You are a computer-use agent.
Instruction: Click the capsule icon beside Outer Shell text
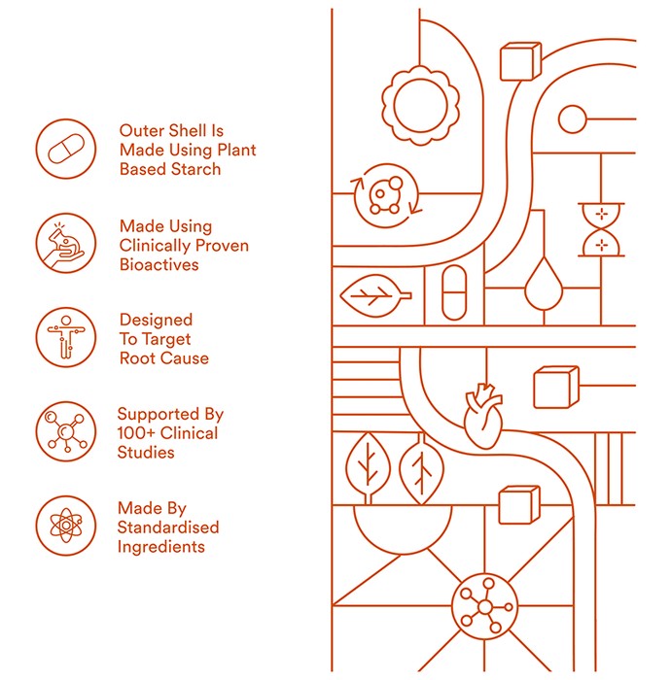click(65, 149)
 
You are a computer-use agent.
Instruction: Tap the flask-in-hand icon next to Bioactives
click(65, 243)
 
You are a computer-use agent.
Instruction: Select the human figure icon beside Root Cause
click(65, 337)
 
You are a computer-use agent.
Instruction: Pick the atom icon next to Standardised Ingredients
click(65, 526)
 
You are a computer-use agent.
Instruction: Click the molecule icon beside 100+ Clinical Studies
click(65, 431)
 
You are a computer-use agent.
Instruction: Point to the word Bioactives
click(159, 264)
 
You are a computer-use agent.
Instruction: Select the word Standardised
click(168, 527)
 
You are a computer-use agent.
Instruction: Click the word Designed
click(156, 320)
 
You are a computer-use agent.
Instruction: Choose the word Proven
click(223, 246)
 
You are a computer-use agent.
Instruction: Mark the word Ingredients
click(161, 547)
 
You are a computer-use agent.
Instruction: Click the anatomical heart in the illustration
click(483, 416)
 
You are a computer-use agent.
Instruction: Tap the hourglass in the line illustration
click(601, 230)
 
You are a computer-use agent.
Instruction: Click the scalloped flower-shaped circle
click(420, 105)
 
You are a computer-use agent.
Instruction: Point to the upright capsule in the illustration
click(454, 293)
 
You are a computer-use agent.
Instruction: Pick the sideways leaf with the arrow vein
click(375, 296)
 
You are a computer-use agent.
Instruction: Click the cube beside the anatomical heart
click(555, 388)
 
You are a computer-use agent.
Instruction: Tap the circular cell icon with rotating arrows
click(386, 195)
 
